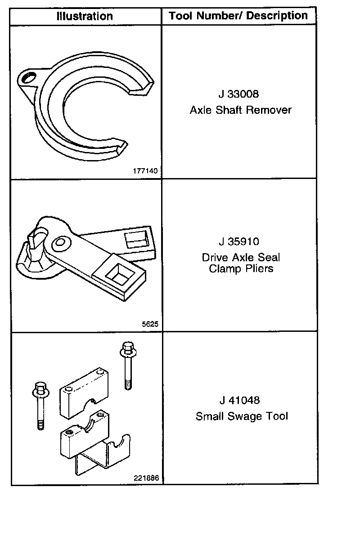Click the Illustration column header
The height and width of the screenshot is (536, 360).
click(x=85, y=16)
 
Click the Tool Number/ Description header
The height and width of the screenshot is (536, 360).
click(x=238, y=16)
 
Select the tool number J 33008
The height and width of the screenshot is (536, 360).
click(x=239, y=94)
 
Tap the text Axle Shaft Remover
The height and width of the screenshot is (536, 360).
click(x=241, y=110)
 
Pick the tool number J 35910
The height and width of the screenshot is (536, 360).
click(x=239, y=241)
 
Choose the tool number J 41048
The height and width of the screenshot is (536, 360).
click(x=239, y=400)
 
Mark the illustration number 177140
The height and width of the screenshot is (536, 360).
click(x=145, y=170)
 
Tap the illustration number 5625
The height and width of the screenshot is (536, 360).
click(x=150, y=324)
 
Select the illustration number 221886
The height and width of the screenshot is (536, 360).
click(x=146, y=478)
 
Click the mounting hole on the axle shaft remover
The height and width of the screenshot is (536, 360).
click(x=27, y=78)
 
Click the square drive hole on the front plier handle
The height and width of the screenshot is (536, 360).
click(x=118, y=274)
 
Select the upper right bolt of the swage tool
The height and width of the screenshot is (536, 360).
click(x=128, y=366)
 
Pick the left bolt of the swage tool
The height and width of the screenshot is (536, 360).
click(x=40, y=406)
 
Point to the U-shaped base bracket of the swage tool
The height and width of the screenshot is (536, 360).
click(x=103, y=455)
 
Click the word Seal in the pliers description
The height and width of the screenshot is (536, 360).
click(x=269, y=257)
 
